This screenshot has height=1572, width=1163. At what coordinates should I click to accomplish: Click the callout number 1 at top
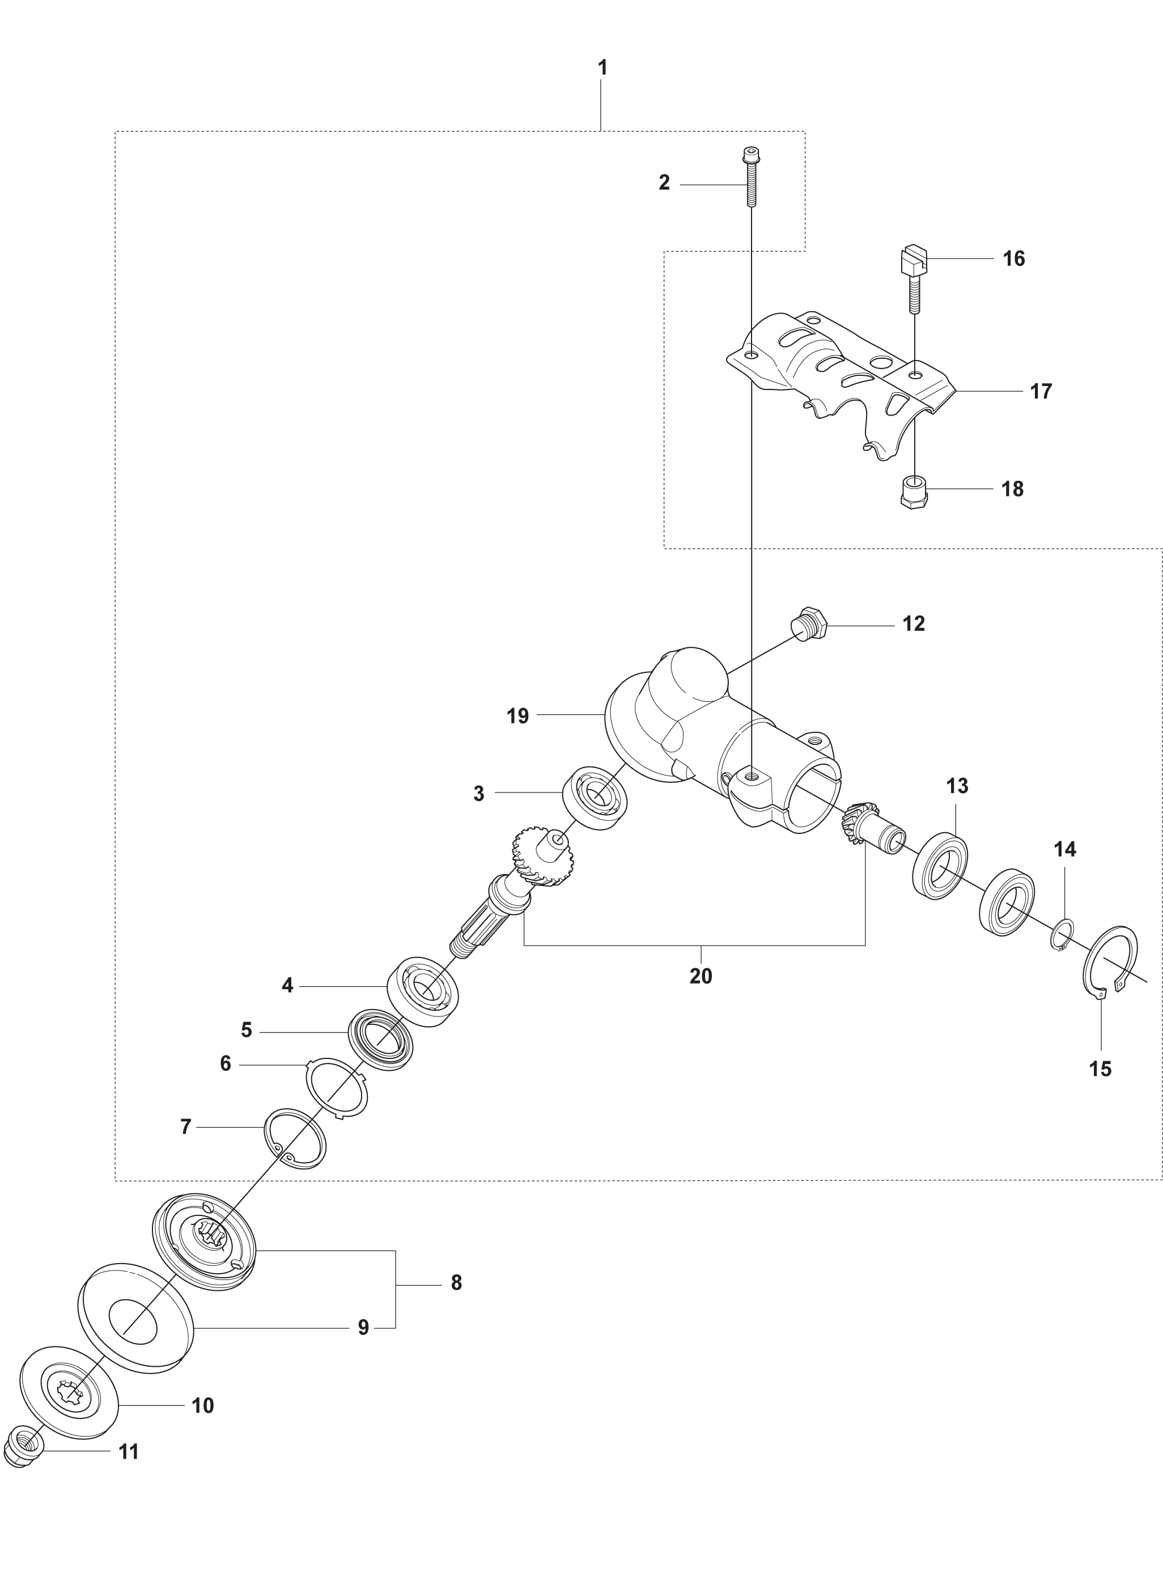click(602, 68)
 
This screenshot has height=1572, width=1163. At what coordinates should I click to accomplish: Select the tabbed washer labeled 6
click(337, 1088)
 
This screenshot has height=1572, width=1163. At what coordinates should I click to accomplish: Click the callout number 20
click(701, 976)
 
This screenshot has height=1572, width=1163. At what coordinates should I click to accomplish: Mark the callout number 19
click(517, 716)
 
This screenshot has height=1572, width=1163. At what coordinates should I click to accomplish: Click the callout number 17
click(1041, 391)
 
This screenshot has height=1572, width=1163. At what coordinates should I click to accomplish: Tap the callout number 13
click(957, 786)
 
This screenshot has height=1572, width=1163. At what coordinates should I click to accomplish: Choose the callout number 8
click(456, 1283)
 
